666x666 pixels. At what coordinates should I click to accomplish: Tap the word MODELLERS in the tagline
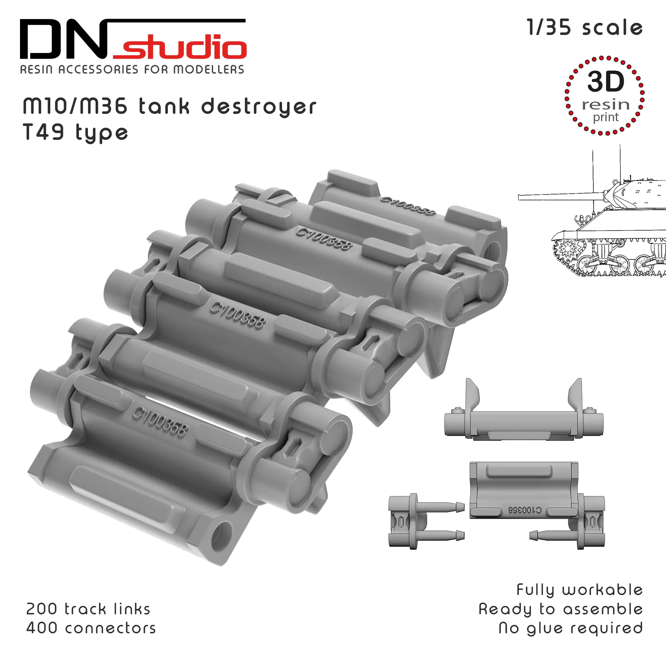208,70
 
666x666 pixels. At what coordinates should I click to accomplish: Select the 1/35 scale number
549,28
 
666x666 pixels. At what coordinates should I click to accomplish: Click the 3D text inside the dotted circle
606,82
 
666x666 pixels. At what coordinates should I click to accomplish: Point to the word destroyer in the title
258,107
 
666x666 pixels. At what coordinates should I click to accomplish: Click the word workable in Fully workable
603,590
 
